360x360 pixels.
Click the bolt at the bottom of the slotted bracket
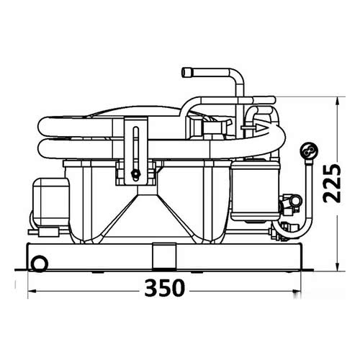click(x=134, y=174)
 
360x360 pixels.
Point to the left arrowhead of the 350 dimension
click(x=31, y=289)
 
